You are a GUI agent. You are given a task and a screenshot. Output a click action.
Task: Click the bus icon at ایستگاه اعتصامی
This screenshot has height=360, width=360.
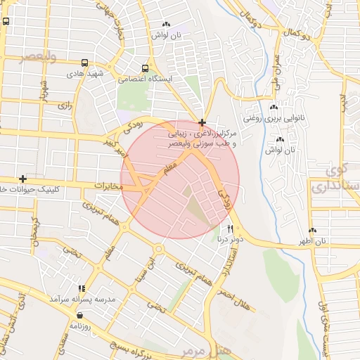tap(145, 69)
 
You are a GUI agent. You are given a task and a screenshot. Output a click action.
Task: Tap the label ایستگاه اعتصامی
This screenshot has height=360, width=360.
tap(146, 79)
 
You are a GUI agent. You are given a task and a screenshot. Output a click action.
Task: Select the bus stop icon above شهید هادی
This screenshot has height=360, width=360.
tap(85, 63)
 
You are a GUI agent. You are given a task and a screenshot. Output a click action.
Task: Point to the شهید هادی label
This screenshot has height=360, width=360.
tap(85, 72)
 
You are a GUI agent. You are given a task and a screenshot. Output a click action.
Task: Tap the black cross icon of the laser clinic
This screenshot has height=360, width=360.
tap(202, 122)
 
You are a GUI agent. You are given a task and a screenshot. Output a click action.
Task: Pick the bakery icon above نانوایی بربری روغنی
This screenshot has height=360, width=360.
tap(280, 108)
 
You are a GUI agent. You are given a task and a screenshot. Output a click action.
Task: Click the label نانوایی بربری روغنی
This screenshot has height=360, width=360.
tap(280, 119)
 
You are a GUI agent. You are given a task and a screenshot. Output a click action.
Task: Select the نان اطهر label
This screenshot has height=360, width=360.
tap(312, 241)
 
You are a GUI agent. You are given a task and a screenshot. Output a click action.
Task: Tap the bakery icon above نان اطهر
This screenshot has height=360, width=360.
tap(312, 231)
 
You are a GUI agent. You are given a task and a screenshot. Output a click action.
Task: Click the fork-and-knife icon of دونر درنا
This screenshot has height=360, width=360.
tap(230, 229)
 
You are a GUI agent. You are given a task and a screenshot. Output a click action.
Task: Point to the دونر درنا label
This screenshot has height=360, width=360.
tap(230, 239)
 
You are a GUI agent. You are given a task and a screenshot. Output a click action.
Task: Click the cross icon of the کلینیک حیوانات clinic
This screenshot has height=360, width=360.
tap(23, 179)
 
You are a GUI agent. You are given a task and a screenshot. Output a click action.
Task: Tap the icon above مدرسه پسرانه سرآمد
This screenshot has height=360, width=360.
tap(82, 288)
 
